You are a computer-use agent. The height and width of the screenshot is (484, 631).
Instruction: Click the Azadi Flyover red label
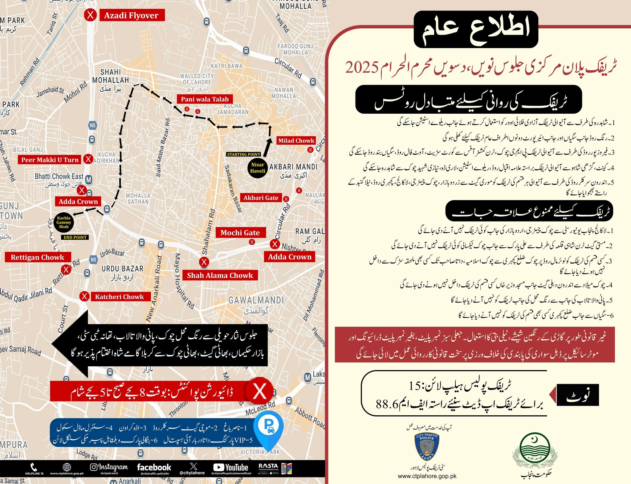(132, 15)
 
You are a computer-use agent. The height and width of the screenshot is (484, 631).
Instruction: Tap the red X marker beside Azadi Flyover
(90, 15)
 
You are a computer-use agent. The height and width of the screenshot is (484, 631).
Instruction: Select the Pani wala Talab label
(205, 99)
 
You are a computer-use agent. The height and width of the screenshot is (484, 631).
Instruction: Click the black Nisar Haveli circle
(258, 168)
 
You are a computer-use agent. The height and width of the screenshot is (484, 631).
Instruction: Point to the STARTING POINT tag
(243, 154)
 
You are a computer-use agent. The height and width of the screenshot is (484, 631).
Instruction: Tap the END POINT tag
(75, 237)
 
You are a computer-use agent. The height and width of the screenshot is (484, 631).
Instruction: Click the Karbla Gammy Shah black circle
(64, 222)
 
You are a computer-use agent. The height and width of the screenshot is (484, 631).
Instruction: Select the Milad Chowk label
(296, 141)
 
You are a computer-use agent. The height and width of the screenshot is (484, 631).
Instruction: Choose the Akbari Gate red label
(261, 198)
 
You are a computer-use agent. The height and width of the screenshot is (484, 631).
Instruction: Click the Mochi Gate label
(240, 233)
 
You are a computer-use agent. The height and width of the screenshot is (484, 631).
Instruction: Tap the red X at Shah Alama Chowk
(204, 262)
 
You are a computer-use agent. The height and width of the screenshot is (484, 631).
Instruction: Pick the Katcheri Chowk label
(119, 297)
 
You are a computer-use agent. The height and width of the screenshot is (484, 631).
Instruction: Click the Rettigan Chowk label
(38, 257)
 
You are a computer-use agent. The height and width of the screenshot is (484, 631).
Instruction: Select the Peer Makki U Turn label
(50, 160)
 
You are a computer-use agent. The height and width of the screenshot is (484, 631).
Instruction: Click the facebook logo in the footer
(154, 467)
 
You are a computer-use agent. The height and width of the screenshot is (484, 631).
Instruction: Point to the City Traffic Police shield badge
(427, 447)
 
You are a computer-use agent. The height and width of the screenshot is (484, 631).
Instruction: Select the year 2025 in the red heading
(362, 67)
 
